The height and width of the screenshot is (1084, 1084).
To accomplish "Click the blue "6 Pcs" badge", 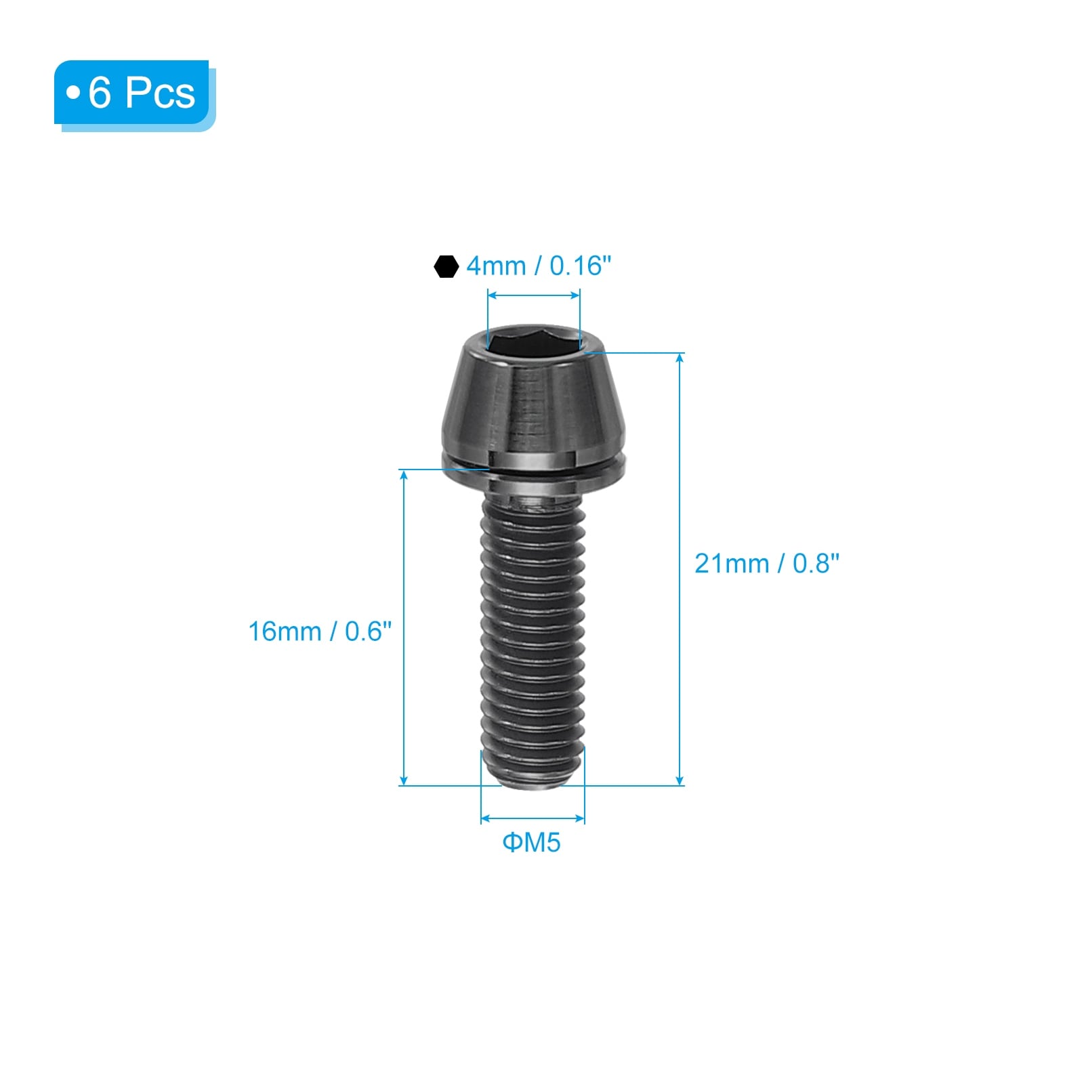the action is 134,95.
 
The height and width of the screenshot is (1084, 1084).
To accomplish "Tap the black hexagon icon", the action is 446,266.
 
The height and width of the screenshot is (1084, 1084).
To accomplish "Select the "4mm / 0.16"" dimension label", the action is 539,266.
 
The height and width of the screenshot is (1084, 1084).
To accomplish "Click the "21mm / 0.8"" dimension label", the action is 767,564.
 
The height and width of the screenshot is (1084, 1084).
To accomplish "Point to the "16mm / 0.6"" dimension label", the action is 320,631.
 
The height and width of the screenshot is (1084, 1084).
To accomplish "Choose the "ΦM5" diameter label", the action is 531,843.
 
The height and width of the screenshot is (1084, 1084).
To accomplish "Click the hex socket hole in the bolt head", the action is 534,339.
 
